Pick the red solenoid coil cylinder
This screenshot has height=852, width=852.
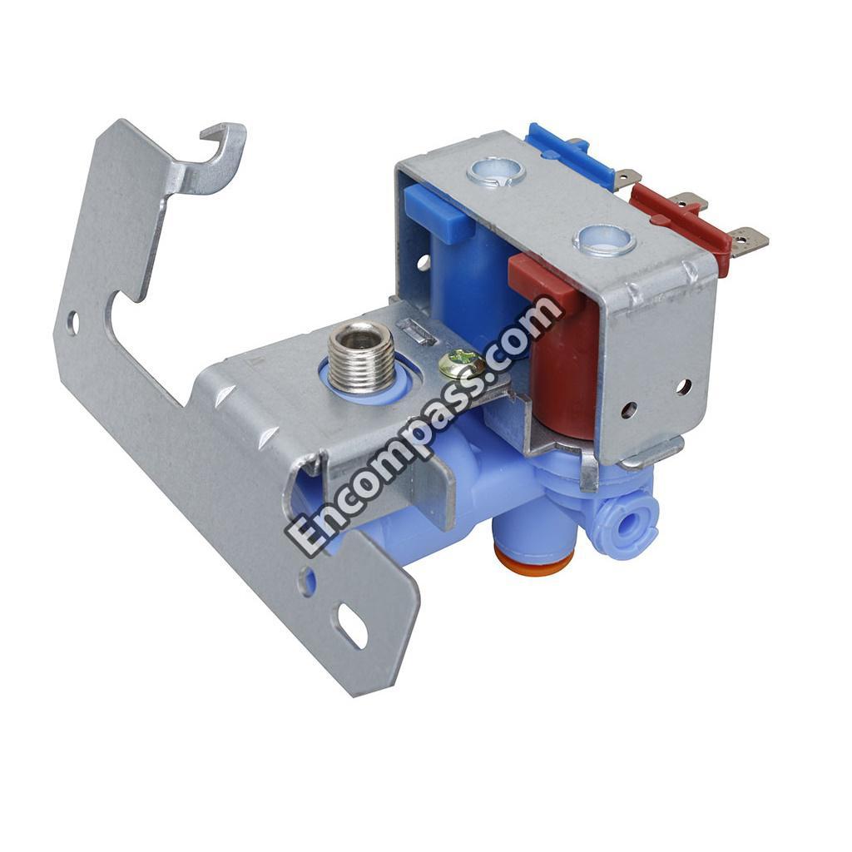(x=566, y=369)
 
